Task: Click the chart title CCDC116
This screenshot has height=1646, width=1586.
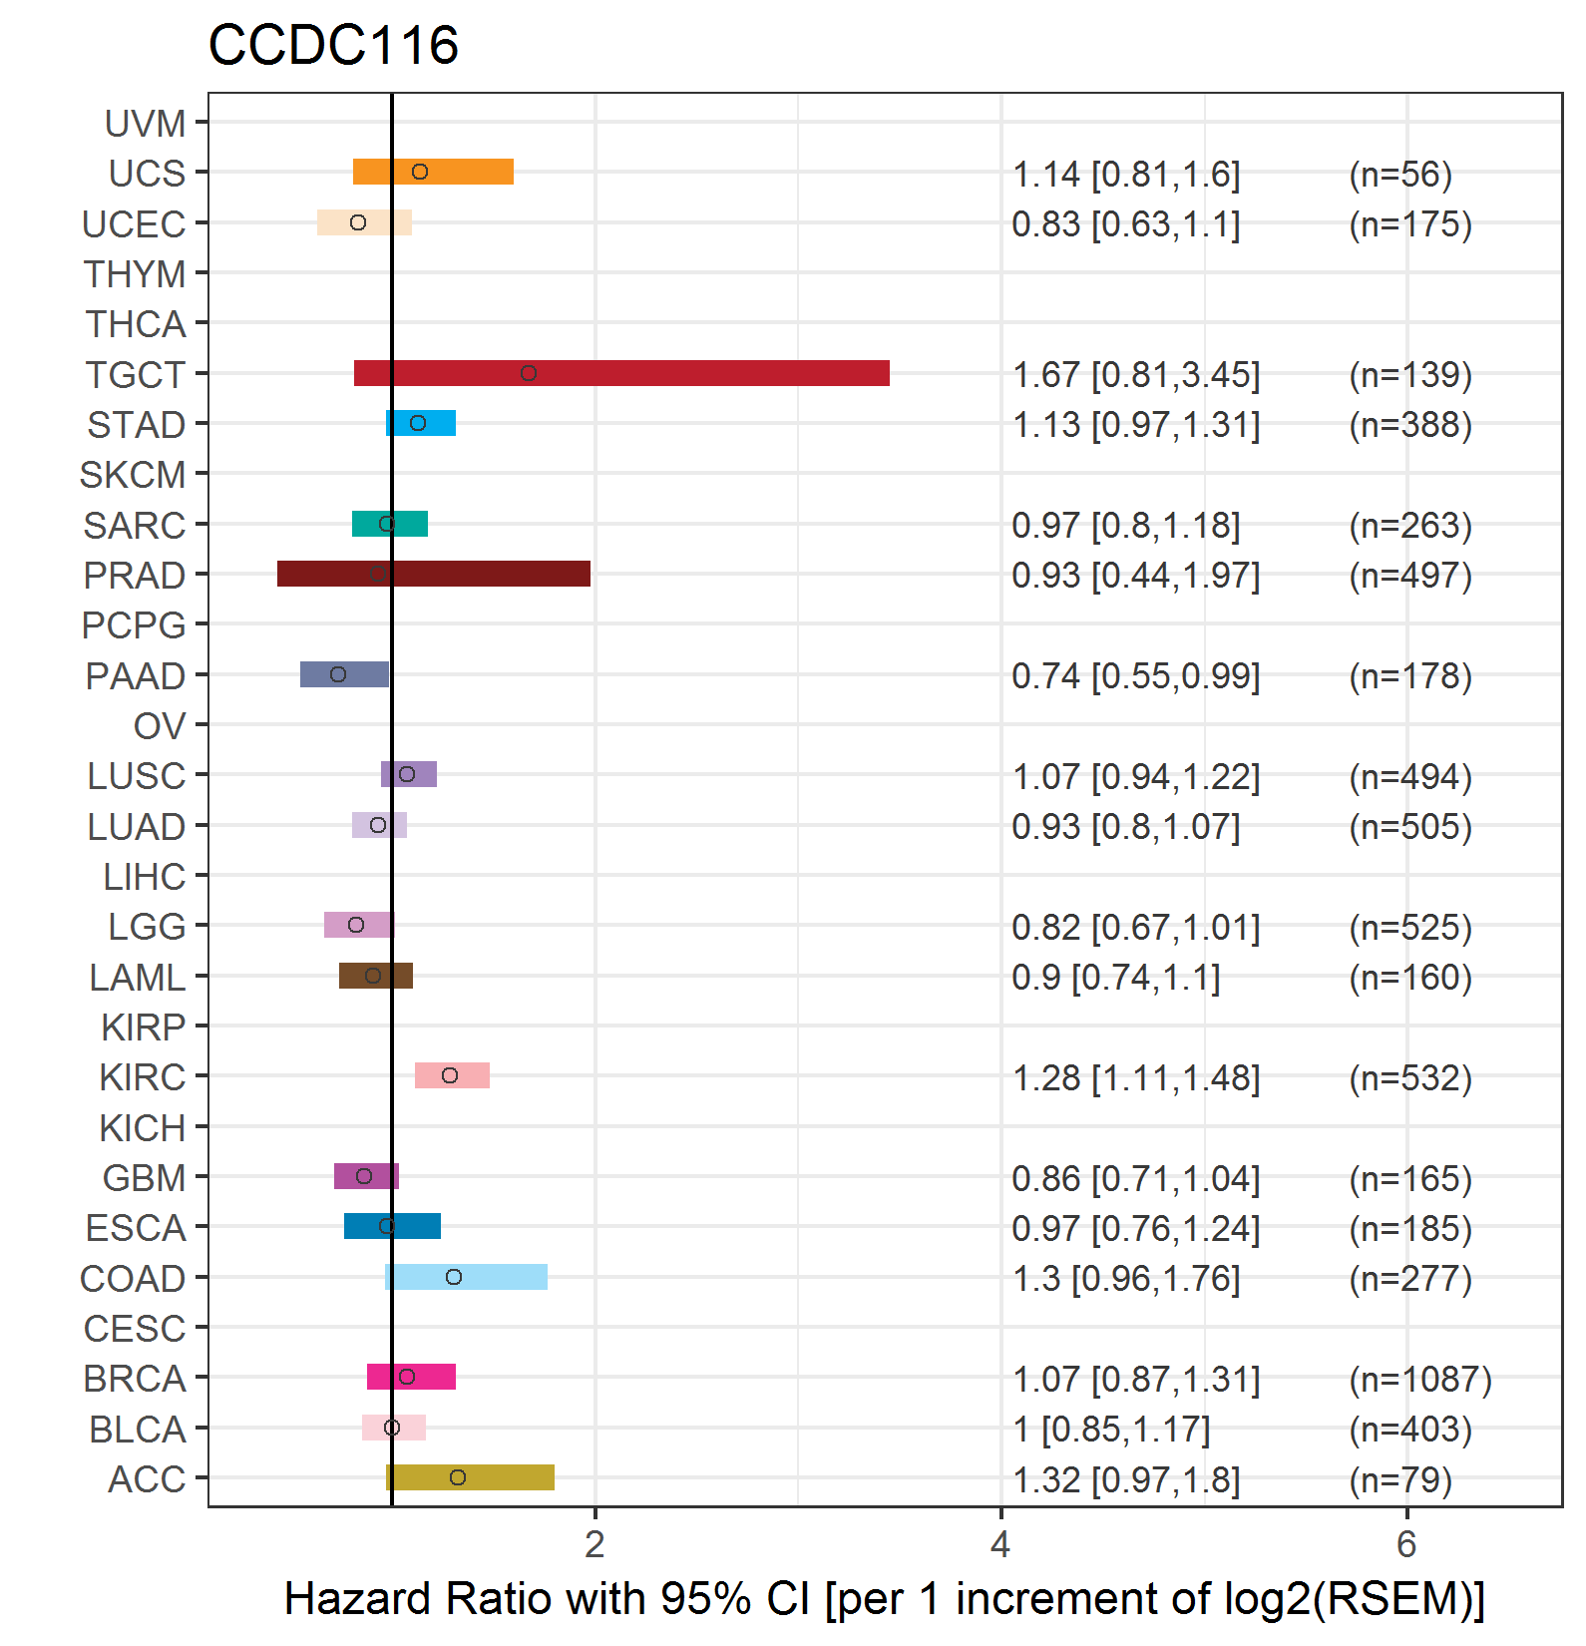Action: click(x=333, y=45)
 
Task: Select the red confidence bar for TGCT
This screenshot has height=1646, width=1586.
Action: click(x=621, y=373)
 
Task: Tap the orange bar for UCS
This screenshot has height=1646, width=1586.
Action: click(x=433, y=172)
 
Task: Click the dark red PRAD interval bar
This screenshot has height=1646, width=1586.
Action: click(x=434, y=574)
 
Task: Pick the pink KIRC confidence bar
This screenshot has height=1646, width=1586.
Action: click(x=452, y=1075)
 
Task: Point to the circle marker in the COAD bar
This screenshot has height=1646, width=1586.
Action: click(x=454, y=1277)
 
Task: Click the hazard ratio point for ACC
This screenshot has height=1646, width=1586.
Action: click(x=458, y=1477)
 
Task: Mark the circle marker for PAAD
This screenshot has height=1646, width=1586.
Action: click(x=338, y=674)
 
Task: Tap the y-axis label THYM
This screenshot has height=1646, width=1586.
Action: click(x=135, y=274)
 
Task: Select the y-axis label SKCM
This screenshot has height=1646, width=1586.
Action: click(x=133, y=475)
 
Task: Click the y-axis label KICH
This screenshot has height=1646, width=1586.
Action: click(x=143, y=1128)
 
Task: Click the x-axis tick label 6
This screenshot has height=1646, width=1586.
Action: click(x=1406, y=1544)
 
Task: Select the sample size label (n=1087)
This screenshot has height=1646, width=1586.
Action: click(x=1420, y=1379)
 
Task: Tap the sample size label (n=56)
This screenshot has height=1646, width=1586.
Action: click(x=1400, y=175)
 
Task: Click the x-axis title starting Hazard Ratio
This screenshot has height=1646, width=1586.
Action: click(x=885, y=1598)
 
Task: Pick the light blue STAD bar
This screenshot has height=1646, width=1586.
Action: click(x=421, y=423)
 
